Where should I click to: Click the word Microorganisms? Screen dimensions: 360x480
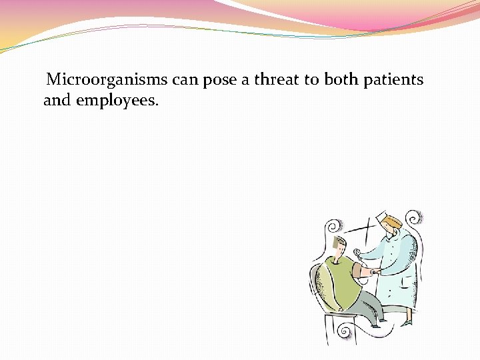pyautogui.click(x=107, y=81)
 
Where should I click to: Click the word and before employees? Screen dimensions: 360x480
pyautogui.click(x=58, y=101)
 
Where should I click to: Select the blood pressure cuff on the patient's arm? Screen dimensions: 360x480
pyautogui.click(x=367, y=270)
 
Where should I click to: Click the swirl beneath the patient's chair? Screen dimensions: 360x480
pyautogui.click(x=345, y=331)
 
